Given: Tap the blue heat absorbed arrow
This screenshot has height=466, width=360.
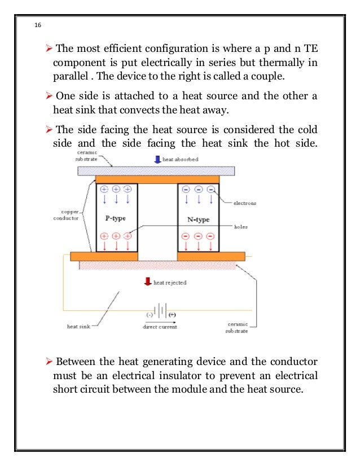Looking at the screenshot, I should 157,160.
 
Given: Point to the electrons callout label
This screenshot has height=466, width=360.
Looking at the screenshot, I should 246,202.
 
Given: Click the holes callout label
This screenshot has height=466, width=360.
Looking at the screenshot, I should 242,227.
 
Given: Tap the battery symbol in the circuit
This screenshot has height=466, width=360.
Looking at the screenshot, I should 161,311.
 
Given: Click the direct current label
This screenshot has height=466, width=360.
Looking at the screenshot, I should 161,327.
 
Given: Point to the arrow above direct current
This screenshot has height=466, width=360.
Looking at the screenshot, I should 161,321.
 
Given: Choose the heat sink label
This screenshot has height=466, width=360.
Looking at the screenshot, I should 77,326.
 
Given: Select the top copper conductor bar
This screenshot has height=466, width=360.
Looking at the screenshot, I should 157,179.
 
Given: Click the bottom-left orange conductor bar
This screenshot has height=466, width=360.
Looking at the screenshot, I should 104,257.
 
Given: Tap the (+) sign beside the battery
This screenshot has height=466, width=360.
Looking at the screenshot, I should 172,314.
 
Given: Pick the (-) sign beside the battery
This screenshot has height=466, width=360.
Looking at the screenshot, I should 150,314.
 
